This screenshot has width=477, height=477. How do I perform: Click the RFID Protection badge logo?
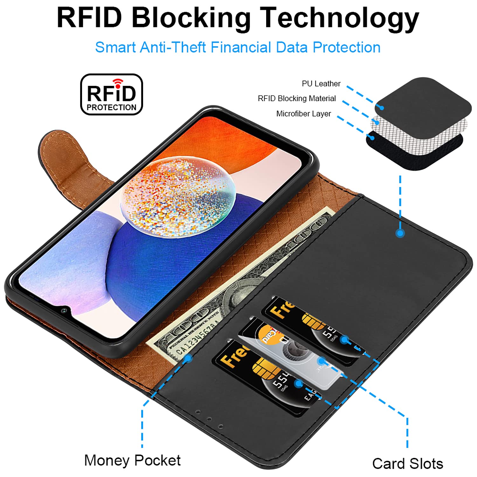tap(111, 94)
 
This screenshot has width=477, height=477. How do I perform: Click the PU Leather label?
tap(321, 84)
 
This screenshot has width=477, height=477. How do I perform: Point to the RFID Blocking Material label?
tap(297, 99)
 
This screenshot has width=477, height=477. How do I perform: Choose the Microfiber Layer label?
tap(303, 114)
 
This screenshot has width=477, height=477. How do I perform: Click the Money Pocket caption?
tap(132, 460)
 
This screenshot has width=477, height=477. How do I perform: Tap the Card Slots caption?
tap(408, 464)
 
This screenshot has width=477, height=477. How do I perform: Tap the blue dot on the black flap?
tap(400, 233)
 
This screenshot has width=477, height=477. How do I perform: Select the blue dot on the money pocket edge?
tap(189, 358)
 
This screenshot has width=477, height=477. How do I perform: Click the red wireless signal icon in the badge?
tap(118, 83)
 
